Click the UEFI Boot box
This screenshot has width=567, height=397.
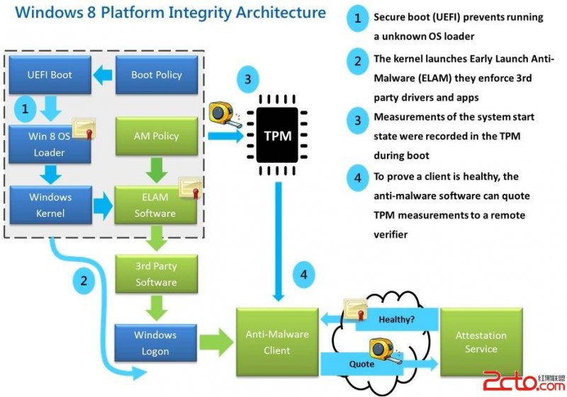tap(50, 74)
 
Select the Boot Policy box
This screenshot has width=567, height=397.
tap(156, 74)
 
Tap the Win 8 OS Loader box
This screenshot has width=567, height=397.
tap(50, 144)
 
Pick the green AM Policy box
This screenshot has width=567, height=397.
tap(156, 136)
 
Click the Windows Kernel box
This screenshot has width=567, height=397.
tap(50, 204)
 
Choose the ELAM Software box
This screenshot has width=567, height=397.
tap(155, 205)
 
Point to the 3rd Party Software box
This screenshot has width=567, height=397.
tap(156, 275)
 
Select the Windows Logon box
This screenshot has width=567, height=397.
tap(155, 343)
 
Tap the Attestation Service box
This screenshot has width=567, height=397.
tap(481, 342)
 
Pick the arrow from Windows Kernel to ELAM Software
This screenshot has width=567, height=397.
tap(103, 205)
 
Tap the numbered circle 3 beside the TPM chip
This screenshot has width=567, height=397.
tap(246, 79)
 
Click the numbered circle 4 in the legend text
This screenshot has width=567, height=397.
tap(357, 178)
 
